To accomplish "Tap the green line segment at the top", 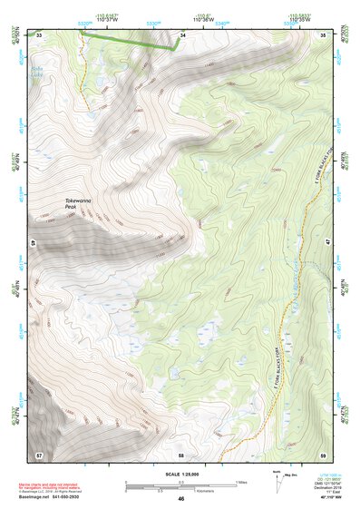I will click(127, 39).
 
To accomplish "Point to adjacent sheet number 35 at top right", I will click(324, 34).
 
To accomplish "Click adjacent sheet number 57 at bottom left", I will click(39, 454).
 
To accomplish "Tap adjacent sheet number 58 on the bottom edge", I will click(181, 454).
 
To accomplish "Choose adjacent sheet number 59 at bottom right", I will click(324, 454).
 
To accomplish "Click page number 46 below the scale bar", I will click(181, 499).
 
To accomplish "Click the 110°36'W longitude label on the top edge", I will click(206, 18).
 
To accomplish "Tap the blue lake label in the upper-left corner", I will click(39, 70).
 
